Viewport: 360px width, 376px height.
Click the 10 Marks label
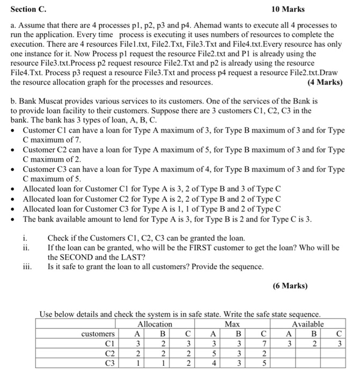click(288, 9)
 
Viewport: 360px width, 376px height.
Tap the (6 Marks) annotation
click(290, 286)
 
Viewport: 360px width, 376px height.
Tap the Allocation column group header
click(155, 324)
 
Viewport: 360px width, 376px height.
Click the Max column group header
click(232, 324)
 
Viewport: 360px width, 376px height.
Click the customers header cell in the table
click(97, 334)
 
